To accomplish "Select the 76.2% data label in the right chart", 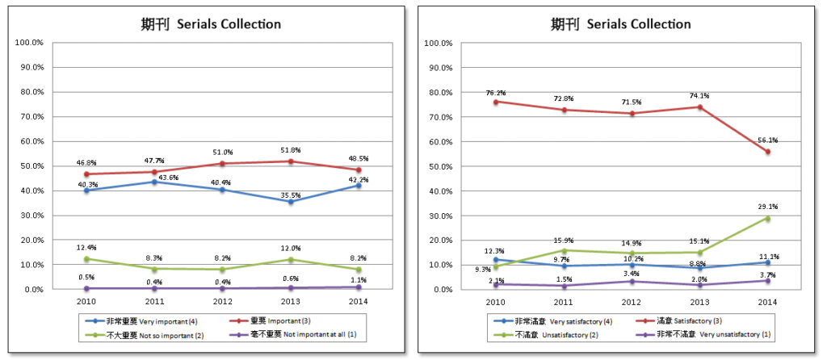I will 495,93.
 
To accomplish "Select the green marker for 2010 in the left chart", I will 86,258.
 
